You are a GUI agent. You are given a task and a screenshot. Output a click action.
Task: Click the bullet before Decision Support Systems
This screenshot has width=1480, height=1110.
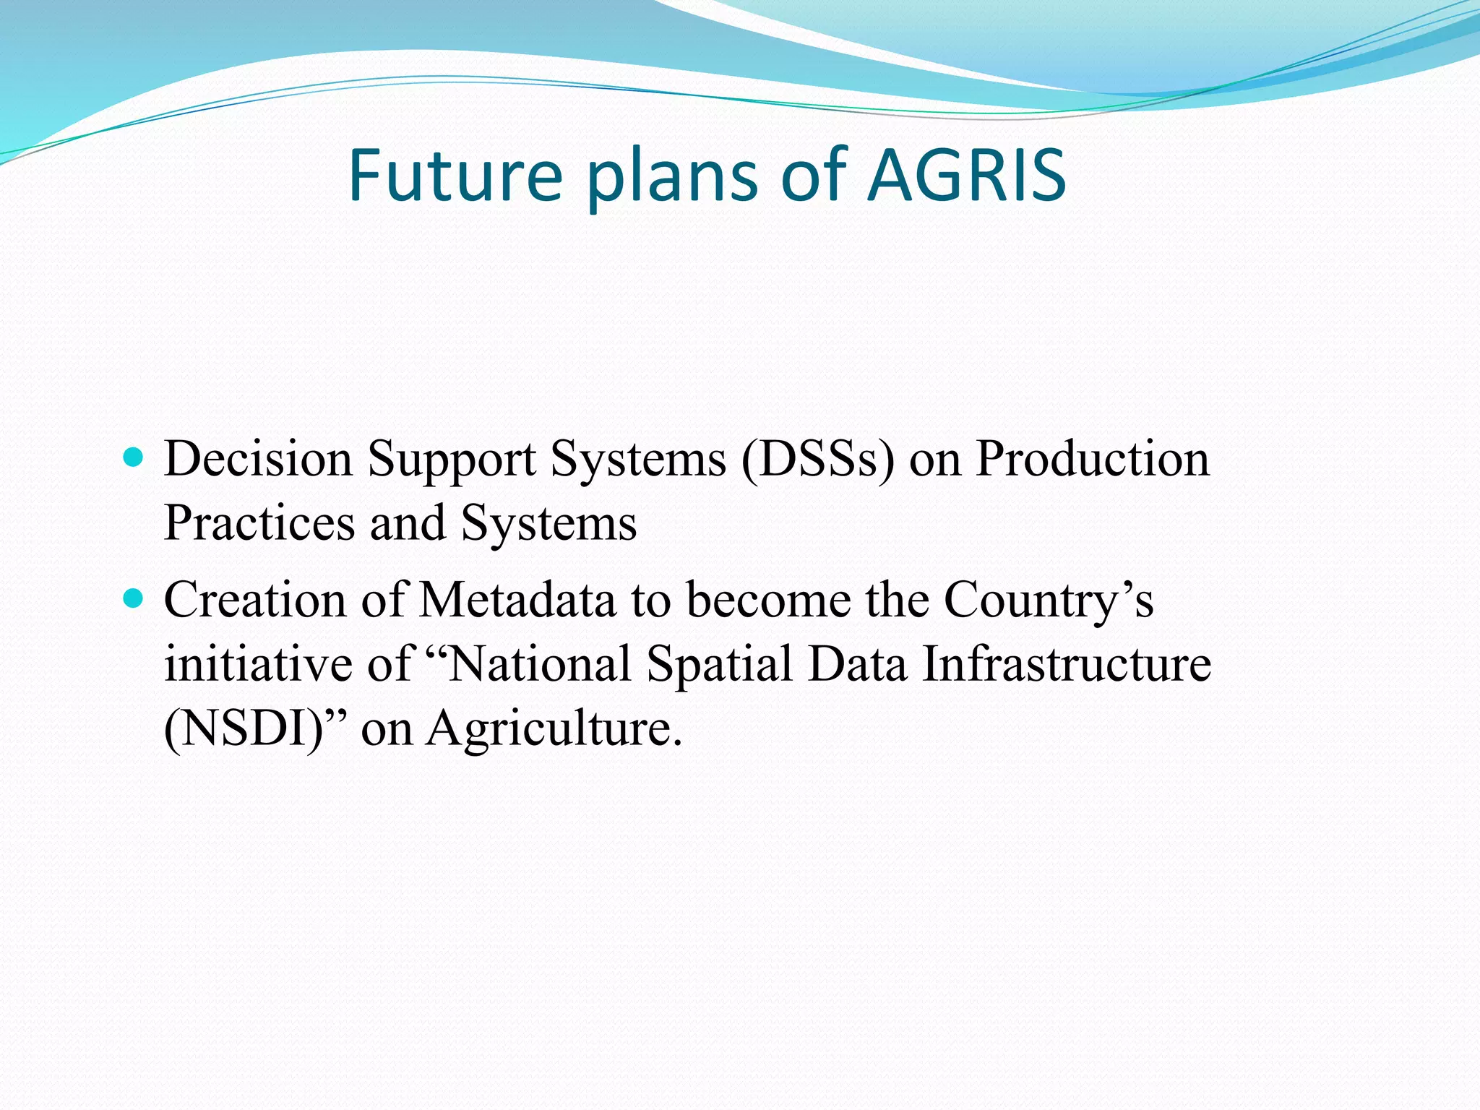coord(134,457)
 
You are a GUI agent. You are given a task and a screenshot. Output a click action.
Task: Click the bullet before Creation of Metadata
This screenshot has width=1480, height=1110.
coord(134,599)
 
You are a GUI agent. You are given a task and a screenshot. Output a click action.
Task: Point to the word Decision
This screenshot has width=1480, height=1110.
coord(258,459)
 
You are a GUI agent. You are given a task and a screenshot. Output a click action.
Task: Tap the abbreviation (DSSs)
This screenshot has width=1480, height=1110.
coord(817,460)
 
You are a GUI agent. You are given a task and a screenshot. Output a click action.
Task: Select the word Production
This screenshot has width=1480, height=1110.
coord(1092,459)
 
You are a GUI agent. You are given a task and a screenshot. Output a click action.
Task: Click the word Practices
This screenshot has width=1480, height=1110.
coord(259,522)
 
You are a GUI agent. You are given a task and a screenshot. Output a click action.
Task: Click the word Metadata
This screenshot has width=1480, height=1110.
coord(517,600)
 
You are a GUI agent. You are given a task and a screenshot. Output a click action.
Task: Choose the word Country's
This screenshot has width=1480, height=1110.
coord(1048,601)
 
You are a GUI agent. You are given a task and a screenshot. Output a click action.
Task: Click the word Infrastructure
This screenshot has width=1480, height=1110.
coord(1067,663)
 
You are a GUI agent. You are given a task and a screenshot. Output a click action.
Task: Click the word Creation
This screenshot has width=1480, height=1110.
coord(255,600)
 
